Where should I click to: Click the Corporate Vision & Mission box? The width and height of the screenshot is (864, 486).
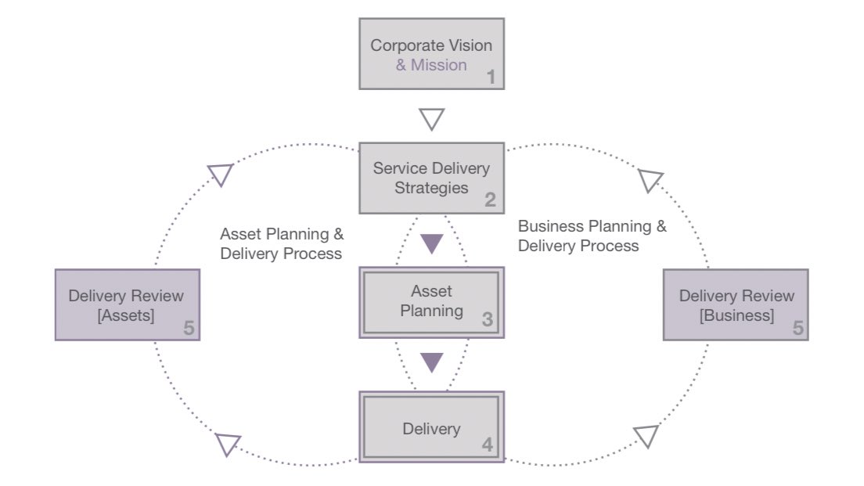click(x=431, y=54)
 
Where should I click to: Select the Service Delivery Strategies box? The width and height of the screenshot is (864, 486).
click(x=431, y=178)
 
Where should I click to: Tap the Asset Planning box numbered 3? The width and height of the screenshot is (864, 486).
click(x=431, y=301)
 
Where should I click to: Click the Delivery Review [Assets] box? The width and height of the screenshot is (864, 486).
click(x=127, y=304)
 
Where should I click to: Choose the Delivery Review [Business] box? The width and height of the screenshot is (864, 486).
click(x=735, y=304)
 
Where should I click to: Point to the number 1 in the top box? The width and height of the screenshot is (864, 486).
click(x=491, y=77)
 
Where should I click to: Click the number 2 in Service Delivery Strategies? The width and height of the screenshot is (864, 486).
click(x=490, y=200)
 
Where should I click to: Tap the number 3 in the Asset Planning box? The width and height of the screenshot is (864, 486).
click(x=487, y=319)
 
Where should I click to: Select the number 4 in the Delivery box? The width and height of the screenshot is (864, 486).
click(x=487, y=445)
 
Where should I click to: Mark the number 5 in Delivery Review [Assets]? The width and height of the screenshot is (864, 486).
click(x=189, y=328)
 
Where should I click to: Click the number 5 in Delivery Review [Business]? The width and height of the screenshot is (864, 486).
click(x=797, y=328)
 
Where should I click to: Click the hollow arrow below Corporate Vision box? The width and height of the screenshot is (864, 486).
click(x=431, y=119)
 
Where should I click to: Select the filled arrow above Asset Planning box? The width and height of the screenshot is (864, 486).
click(x=431, y=243)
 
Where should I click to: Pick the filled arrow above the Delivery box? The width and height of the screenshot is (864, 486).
click(x=431, y=362)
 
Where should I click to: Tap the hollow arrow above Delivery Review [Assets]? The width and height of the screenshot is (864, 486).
click(x=221, y=174)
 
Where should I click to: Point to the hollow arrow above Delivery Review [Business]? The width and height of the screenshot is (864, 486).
click(x=650, y=181)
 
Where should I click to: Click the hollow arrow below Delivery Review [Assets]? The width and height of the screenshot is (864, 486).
click(x=228, y=445)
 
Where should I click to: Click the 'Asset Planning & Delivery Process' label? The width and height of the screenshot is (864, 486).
click(x=282, y=243)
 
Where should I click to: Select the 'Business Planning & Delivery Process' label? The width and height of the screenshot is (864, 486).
click(x=592, y=236)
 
